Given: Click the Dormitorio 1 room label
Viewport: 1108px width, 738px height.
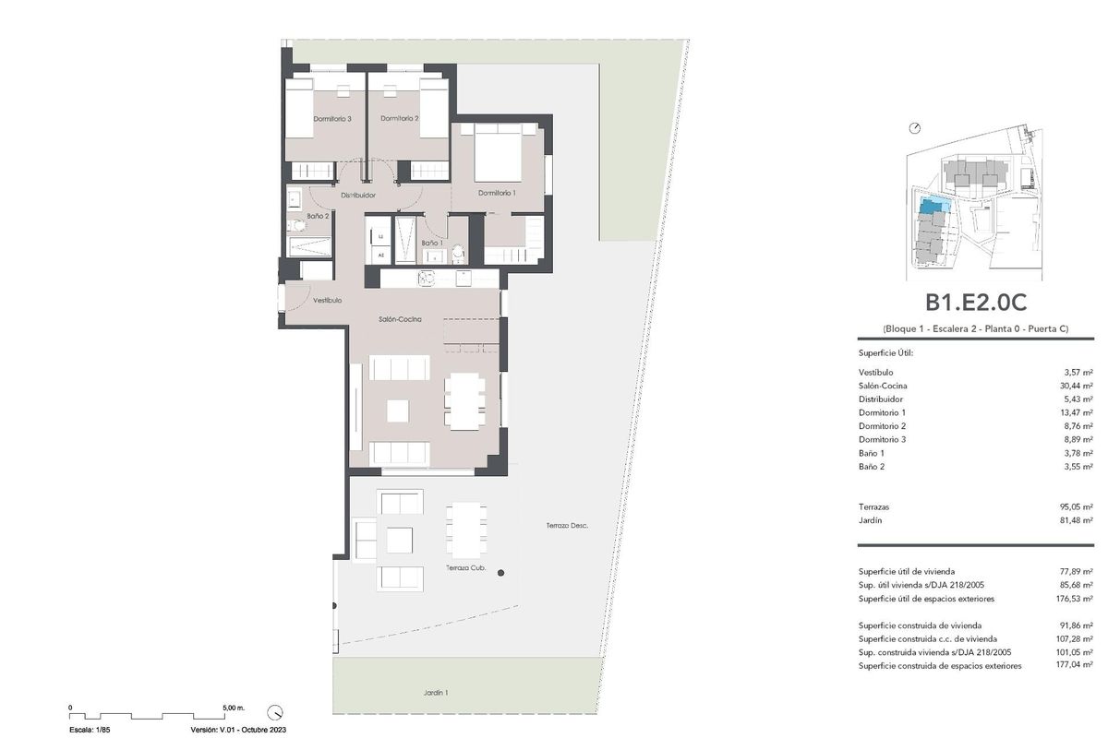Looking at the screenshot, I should [x=497, y=193].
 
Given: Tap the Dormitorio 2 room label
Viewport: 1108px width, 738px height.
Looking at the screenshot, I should [x=399, y=118].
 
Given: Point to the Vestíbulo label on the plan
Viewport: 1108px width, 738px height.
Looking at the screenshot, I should [x=327, y=301].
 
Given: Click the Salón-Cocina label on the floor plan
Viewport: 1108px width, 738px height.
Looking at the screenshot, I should [x=400, y=319].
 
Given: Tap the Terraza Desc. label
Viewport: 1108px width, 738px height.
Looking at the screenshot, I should [x=567, y=526].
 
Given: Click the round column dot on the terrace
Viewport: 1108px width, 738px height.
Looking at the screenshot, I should [x=501, y=573].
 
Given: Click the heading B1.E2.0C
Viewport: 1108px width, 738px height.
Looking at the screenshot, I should [x=976, y=303].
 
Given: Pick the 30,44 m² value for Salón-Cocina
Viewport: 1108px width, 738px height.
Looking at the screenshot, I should [x=1076, y=386].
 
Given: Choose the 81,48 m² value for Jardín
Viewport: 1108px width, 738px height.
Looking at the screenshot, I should [x=1076, y=520].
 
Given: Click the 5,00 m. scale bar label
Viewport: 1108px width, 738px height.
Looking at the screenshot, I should [x=234, y=708].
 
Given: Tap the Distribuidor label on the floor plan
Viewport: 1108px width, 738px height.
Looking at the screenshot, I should [x=357, y=196].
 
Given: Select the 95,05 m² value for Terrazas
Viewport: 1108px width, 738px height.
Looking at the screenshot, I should [x=1076, y=506].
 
